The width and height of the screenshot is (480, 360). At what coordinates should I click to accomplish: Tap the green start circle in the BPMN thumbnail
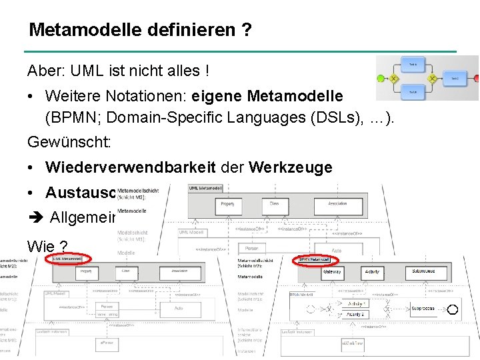pos(381,78)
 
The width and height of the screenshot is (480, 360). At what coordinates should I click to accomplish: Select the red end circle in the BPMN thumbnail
pos(471,78)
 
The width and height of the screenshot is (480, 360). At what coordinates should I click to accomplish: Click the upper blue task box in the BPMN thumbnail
pos(413,65)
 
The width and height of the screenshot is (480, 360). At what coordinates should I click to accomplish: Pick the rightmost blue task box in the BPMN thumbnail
pos(454,78)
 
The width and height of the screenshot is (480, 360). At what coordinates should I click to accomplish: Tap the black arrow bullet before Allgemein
pos(35,218)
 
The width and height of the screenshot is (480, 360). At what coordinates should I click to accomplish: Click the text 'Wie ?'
pos(47,246)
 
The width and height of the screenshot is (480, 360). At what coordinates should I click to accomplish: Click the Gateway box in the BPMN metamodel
pos(332,272)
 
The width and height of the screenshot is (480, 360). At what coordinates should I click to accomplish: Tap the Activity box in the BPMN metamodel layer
pos(372,272)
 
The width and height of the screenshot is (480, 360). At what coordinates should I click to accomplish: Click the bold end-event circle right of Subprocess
pos(452,309)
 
